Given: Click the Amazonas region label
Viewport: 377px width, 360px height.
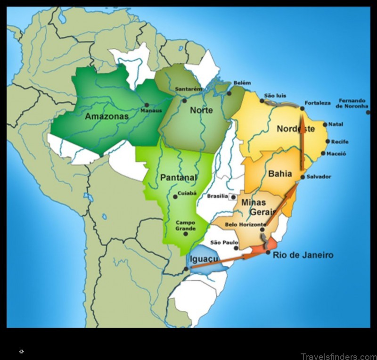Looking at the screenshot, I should [106, 116].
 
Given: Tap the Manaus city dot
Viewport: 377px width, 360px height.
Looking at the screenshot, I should [147, 105].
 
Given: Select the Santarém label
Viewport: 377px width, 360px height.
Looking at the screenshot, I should [188, 89].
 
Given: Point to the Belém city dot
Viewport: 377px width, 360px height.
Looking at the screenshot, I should [229, 93].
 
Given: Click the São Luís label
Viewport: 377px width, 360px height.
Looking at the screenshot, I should [276, 96].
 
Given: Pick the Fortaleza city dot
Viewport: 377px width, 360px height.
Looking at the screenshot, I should [302, 109].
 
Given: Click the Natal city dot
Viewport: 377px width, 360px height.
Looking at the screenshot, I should [325, 125].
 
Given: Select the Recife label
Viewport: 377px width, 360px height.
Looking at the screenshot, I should [340, 141].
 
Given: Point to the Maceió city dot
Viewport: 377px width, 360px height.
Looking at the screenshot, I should [323, 154].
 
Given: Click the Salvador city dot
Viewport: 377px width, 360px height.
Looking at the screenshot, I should [303, 177].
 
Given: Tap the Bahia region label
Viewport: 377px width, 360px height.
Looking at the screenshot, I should [280, 174].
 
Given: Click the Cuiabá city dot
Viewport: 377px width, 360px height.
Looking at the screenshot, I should [175, 197].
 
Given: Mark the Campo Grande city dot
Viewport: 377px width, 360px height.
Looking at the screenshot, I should [186, 234].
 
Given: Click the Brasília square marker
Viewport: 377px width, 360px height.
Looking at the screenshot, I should [232, 196].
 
